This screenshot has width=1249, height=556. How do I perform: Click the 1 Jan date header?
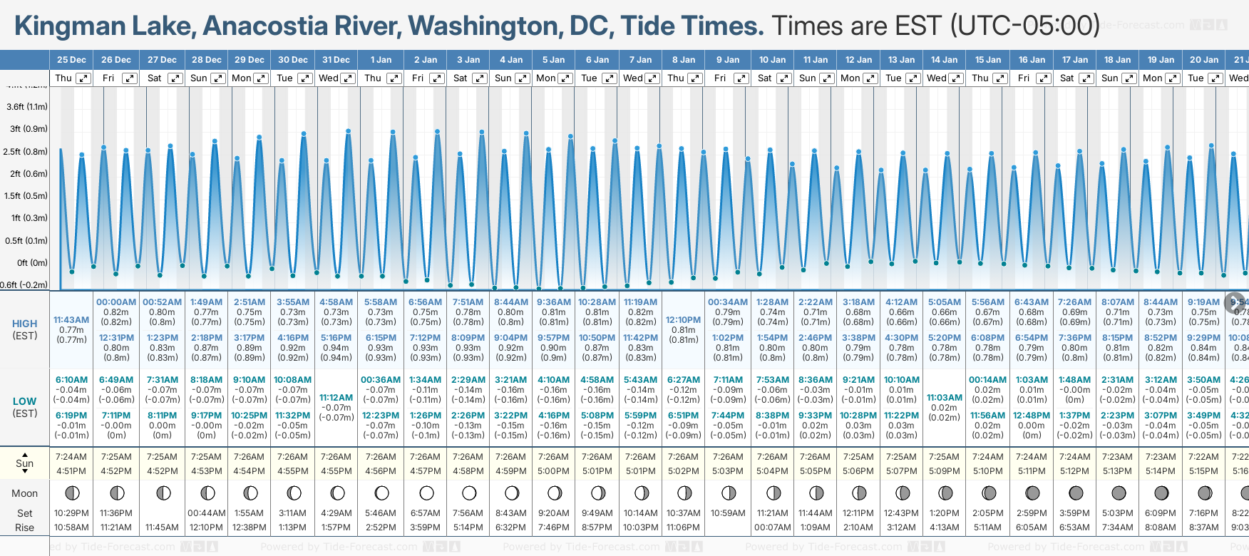381,60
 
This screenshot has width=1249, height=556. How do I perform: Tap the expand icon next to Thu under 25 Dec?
83,78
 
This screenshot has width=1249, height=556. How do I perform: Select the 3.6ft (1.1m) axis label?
27,107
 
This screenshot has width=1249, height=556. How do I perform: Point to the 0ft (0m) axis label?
32,263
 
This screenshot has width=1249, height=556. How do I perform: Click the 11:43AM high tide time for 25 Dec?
71,320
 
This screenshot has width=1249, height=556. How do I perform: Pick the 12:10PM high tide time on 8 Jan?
683,320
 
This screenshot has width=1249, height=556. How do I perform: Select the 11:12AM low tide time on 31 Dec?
336,398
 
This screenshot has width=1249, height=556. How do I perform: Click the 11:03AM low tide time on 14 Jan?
945,398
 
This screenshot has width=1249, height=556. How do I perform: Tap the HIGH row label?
25,324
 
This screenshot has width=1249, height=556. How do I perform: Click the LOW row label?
25,401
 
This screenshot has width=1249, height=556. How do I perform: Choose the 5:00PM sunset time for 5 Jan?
553,471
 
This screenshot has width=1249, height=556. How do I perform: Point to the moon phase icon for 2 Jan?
426,493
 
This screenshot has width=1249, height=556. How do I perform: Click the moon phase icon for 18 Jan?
1119,493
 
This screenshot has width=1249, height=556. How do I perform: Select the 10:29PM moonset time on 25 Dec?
71,513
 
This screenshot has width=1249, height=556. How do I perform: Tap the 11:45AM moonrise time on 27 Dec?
162,527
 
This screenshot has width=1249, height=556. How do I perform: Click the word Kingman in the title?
60,26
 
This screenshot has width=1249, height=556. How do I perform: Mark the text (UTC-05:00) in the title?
1025,26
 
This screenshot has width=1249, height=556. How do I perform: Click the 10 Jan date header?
772,60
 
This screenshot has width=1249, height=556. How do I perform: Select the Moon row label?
25,493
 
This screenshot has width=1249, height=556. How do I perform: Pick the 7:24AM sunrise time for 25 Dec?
71,457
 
